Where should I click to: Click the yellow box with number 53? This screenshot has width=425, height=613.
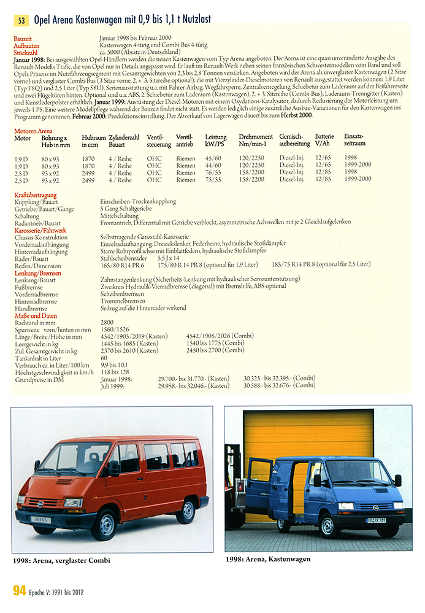21,20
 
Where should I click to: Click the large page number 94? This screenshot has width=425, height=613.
20,592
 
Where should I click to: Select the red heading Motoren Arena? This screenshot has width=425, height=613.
33,131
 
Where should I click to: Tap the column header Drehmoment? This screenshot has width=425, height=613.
256,138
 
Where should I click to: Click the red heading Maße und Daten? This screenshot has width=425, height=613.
35,315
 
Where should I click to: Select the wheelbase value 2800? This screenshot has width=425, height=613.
108,322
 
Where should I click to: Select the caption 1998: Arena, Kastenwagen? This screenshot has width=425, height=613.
267,559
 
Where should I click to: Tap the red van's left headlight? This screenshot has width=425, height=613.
73,502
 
